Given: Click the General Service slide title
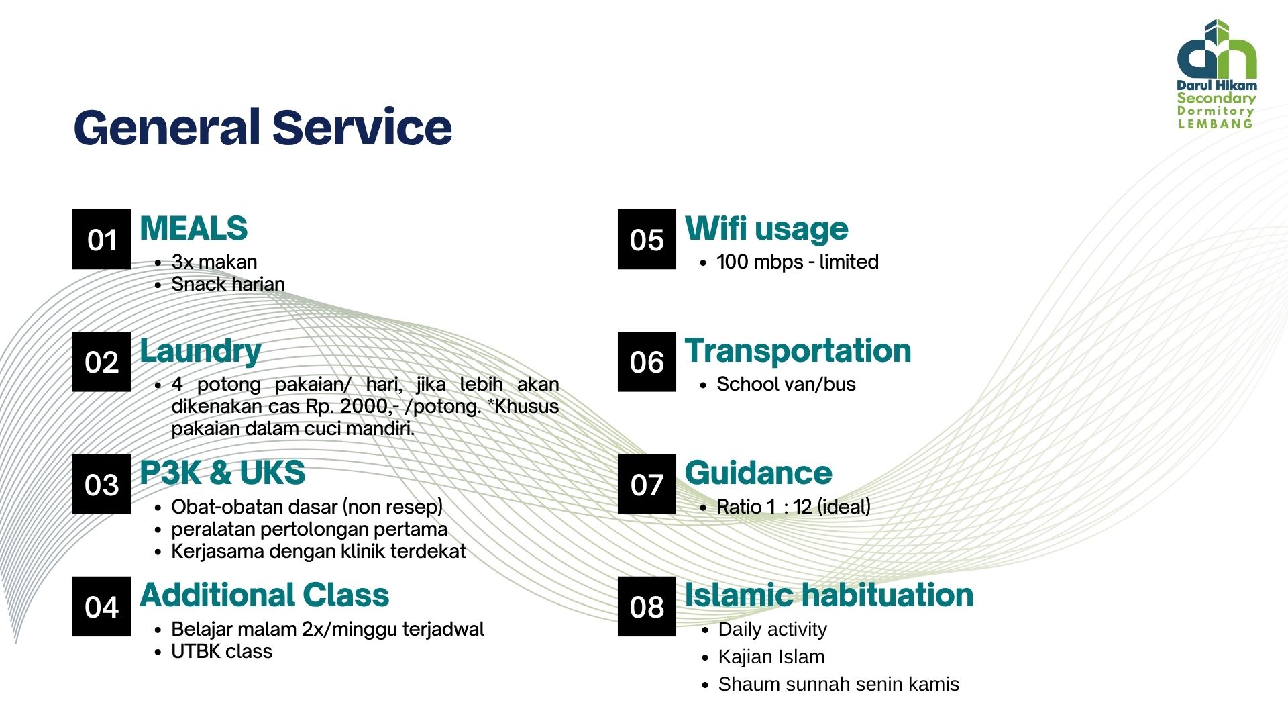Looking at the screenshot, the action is [x=262, y=128].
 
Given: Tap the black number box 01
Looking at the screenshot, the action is [x=101, y=240].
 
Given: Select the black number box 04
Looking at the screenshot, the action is [x=101, y=606].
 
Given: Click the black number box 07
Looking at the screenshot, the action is [x=647, y=484].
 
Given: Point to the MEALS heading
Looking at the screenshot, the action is [x=193, y=228].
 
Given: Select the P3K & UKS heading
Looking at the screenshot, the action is [x=222, y=473].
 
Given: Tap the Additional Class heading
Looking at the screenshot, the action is [x=264, y=595].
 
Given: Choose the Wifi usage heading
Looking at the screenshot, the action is [x=766, y=229].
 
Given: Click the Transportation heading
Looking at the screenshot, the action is [x=798, y=351].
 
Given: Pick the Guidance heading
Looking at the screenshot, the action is [x=758, y=473].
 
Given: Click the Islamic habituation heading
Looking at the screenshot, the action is [x=828, y=595].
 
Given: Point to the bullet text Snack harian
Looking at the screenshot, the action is [x=228, y=284].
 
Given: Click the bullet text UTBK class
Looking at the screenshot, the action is [x=222, y=651].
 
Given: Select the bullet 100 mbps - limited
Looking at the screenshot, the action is [x=798, y=262].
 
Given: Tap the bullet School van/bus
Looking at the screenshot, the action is [x=786, y=384].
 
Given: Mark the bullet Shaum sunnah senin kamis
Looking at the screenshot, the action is [x=839, y=684].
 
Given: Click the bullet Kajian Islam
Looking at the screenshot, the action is [x=771, y=657].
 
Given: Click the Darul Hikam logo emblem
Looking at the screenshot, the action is [x=1217, y=49].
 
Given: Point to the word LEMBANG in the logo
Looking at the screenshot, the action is [x=1216, y=124].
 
